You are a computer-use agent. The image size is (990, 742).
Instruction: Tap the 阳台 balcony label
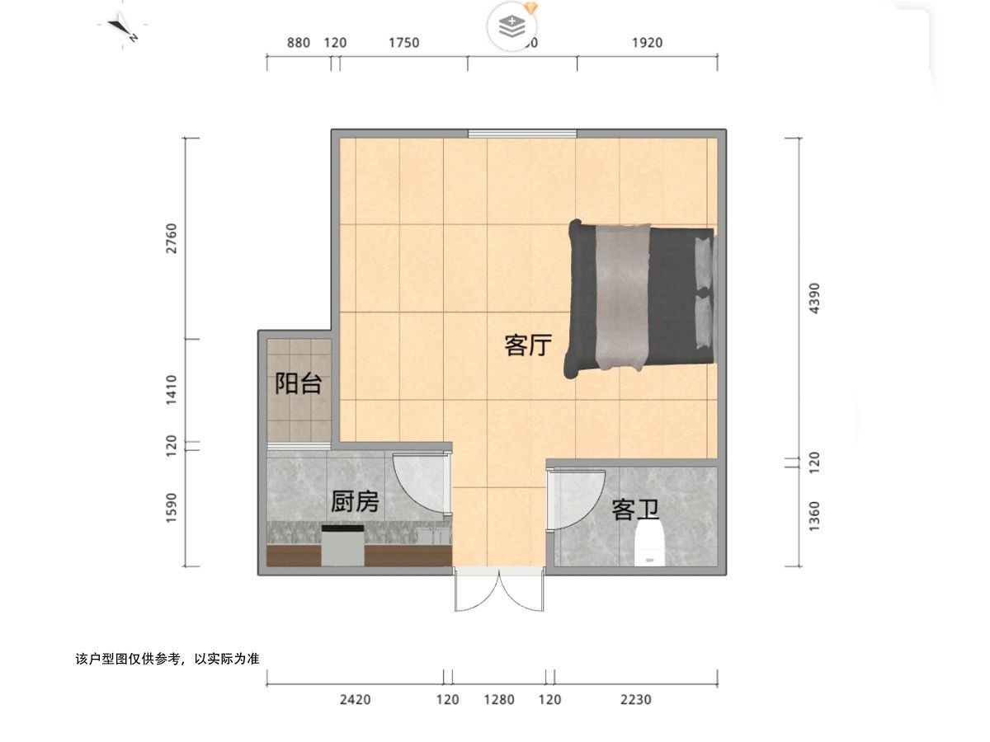[x=298, y=383]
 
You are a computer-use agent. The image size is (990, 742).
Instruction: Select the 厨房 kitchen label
[x=355, y=500]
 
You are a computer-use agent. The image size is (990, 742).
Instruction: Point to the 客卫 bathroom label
[x=635, y=510]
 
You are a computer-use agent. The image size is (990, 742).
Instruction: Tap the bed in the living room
[x=640, y=297]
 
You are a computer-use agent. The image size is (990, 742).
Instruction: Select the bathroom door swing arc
[x=577, y=499]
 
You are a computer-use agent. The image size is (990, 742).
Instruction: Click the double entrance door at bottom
[x=499, y=590]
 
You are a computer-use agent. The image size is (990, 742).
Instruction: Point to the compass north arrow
[x=123, y=30]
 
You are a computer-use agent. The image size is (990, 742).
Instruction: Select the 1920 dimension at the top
[x=647, y=43]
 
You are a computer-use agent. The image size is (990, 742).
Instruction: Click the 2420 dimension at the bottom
[x=355, y=700]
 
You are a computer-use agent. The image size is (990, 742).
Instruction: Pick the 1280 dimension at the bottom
[x=498, y=700]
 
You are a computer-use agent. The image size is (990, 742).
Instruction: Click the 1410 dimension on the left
[x=171, y=389]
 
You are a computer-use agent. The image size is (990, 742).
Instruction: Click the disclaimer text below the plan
[x=167, y=660]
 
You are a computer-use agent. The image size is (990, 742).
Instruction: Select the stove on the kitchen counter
[x=342, y=545]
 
